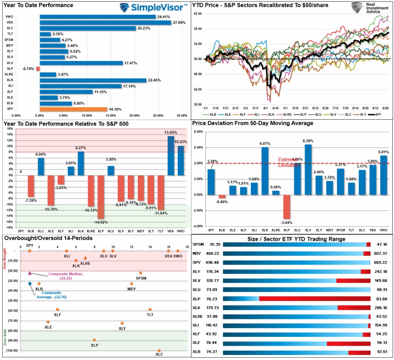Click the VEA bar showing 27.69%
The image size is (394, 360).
105,23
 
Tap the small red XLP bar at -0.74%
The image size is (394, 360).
38,69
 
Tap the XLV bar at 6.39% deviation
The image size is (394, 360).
308,170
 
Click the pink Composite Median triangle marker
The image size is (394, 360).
30,273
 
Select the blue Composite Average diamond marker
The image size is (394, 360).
30,283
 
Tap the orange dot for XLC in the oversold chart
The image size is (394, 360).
159,350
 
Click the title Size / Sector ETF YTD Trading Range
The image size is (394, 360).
292,239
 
